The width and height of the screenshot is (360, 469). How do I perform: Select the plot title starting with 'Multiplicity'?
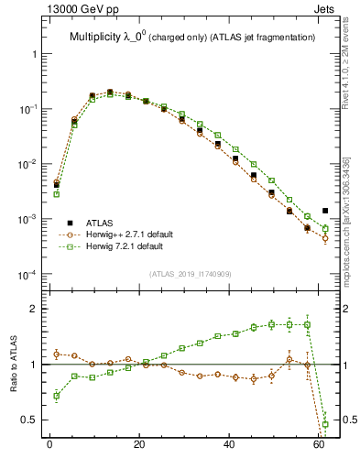(191, 37)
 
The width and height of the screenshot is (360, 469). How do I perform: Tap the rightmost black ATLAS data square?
(325, 211)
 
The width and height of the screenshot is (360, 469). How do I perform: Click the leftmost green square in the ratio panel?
(57, 396)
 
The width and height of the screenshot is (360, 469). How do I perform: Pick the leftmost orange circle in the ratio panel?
(57, 354)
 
